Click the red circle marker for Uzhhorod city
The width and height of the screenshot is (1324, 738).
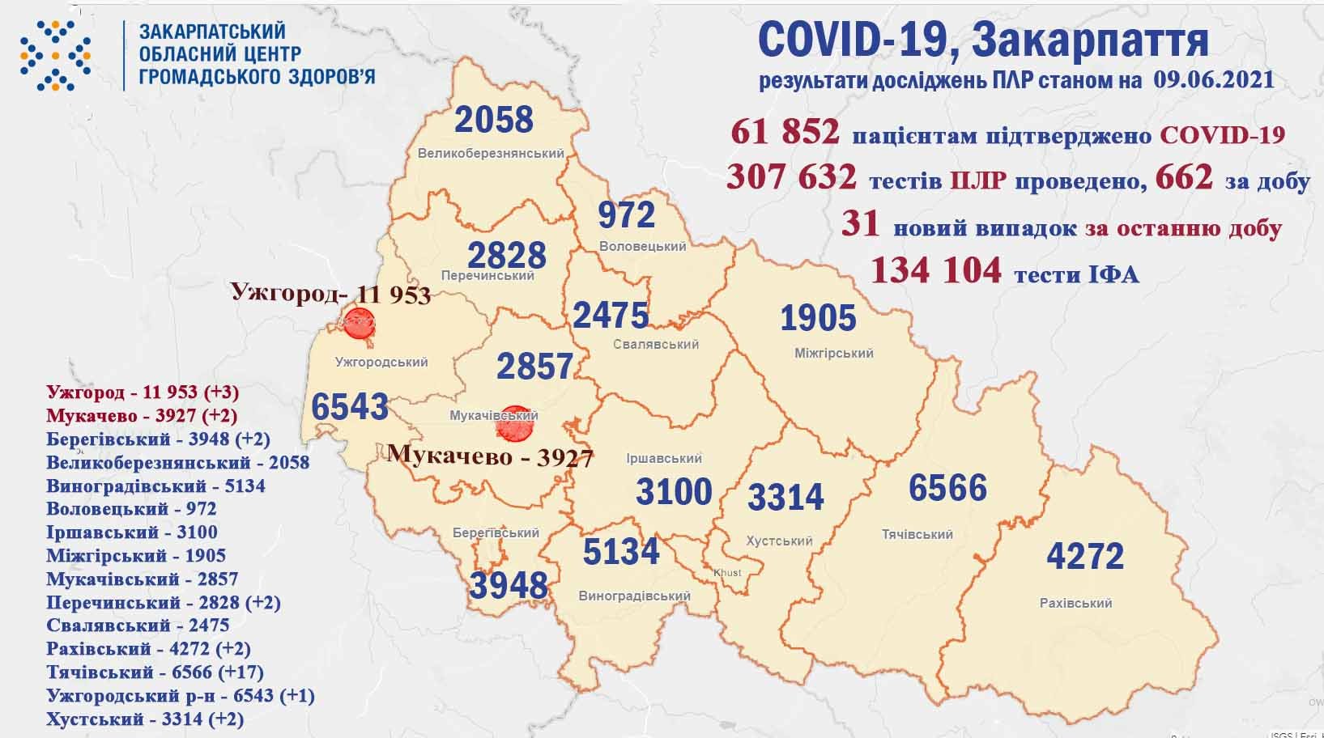pos(358,324)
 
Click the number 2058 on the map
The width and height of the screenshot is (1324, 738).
pos(494,120)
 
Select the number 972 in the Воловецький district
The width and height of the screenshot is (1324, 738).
pos(626,215)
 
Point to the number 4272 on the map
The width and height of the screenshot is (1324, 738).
pos(1085,556)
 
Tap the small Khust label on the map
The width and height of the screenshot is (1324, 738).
pos(727,573)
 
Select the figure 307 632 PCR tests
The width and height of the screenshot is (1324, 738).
pos(791,176)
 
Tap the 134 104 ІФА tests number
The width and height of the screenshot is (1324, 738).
pos(935,270)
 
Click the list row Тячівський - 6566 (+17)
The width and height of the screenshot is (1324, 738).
pos(155,672)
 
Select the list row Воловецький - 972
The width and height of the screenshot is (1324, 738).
pos(131,509)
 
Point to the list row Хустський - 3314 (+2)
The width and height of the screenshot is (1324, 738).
pos(145,719)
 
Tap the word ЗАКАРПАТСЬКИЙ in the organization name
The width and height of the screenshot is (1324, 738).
pos(213,32)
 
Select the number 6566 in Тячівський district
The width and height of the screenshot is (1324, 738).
pos(947,488)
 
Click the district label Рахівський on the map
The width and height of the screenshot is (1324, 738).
pos(1075,603)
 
